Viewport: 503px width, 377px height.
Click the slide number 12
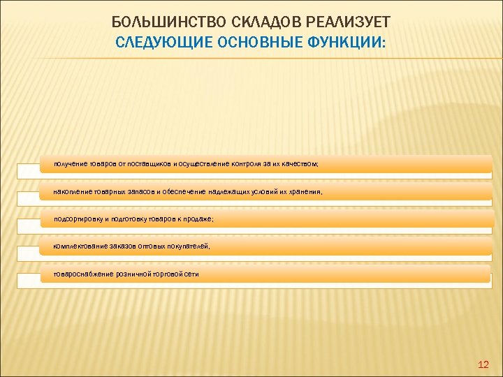pyautogui.click(x=482, y=364)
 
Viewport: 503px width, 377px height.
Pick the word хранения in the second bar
pyautogui.click(x=305, y=191)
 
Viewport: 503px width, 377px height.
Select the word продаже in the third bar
pyautogui.click(x=198, y=219)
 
